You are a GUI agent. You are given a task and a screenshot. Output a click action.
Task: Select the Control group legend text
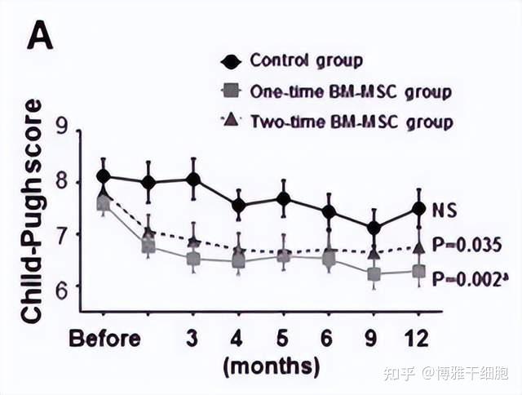(x=306, y=60)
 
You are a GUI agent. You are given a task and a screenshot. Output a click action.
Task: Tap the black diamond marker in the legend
(x=231, y=61)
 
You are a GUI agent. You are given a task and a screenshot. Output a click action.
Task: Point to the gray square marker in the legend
(x=231, y=91)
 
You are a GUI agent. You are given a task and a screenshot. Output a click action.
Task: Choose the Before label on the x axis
(x=104, y=337)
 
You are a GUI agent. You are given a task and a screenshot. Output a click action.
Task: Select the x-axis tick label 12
(x=418, y=337)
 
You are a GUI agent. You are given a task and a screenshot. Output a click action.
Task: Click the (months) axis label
(x=271, y=364)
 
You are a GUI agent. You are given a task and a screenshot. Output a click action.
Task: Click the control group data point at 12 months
(x=418, y=208)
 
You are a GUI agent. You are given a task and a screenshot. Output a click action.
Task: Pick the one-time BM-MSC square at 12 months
(x=418, y=271)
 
